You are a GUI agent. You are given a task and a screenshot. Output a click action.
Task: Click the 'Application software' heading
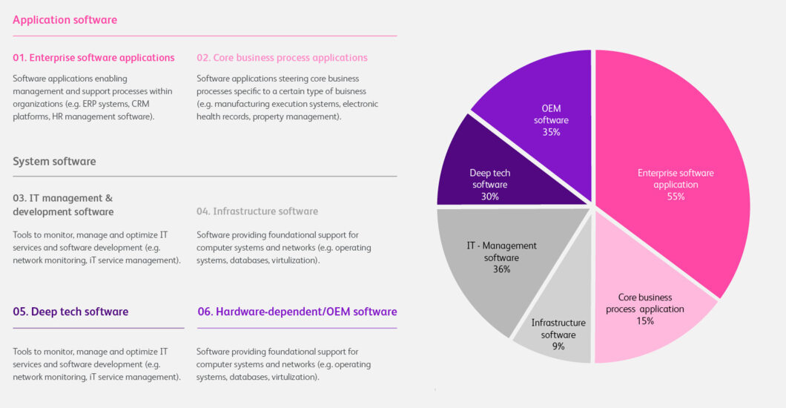[65, 20]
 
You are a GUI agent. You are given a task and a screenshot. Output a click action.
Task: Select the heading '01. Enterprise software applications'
[93, 57]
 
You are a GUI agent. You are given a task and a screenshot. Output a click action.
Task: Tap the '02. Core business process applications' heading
[282, 57]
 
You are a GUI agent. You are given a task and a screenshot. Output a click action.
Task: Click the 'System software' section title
[54, 161]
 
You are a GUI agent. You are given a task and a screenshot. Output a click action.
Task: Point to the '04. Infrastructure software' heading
[257, 211]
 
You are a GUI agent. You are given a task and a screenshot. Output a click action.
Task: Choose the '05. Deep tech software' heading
[70, 312]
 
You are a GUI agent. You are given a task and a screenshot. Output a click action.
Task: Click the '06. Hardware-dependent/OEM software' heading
[297, 312]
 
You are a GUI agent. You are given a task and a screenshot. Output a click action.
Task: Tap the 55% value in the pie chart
[676, 197]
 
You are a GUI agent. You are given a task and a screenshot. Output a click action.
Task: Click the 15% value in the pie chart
[644, 320]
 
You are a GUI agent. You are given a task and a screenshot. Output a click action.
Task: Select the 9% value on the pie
[558, 346]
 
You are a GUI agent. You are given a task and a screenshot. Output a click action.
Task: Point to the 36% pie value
[501, 269]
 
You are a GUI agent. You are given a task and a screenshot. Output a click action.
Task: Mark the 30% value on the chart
[489, 197]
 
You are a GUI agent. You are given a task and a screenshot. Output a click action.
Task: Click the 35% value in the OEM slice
[550, 132]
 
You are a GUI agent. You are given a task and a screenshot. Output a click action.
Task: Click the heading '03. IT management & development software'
[63, 205]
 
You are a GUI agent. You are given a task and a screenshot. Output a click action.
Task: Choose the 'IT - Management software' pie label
[501, 251]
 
